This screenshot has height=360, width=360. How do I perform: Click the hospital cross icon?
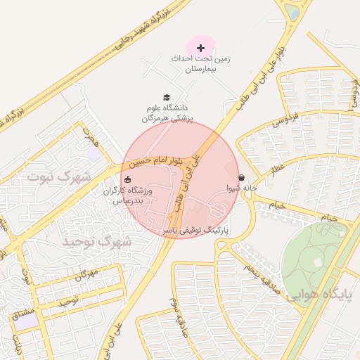(201, 48)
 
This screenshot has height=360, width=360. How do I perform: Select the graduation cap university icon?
(167, 98)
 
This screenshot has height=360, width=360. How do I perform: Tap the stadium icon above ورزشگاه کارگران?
(127, 179)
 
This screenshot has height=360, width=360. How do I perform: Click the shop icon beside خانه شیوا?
(242, 178)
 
